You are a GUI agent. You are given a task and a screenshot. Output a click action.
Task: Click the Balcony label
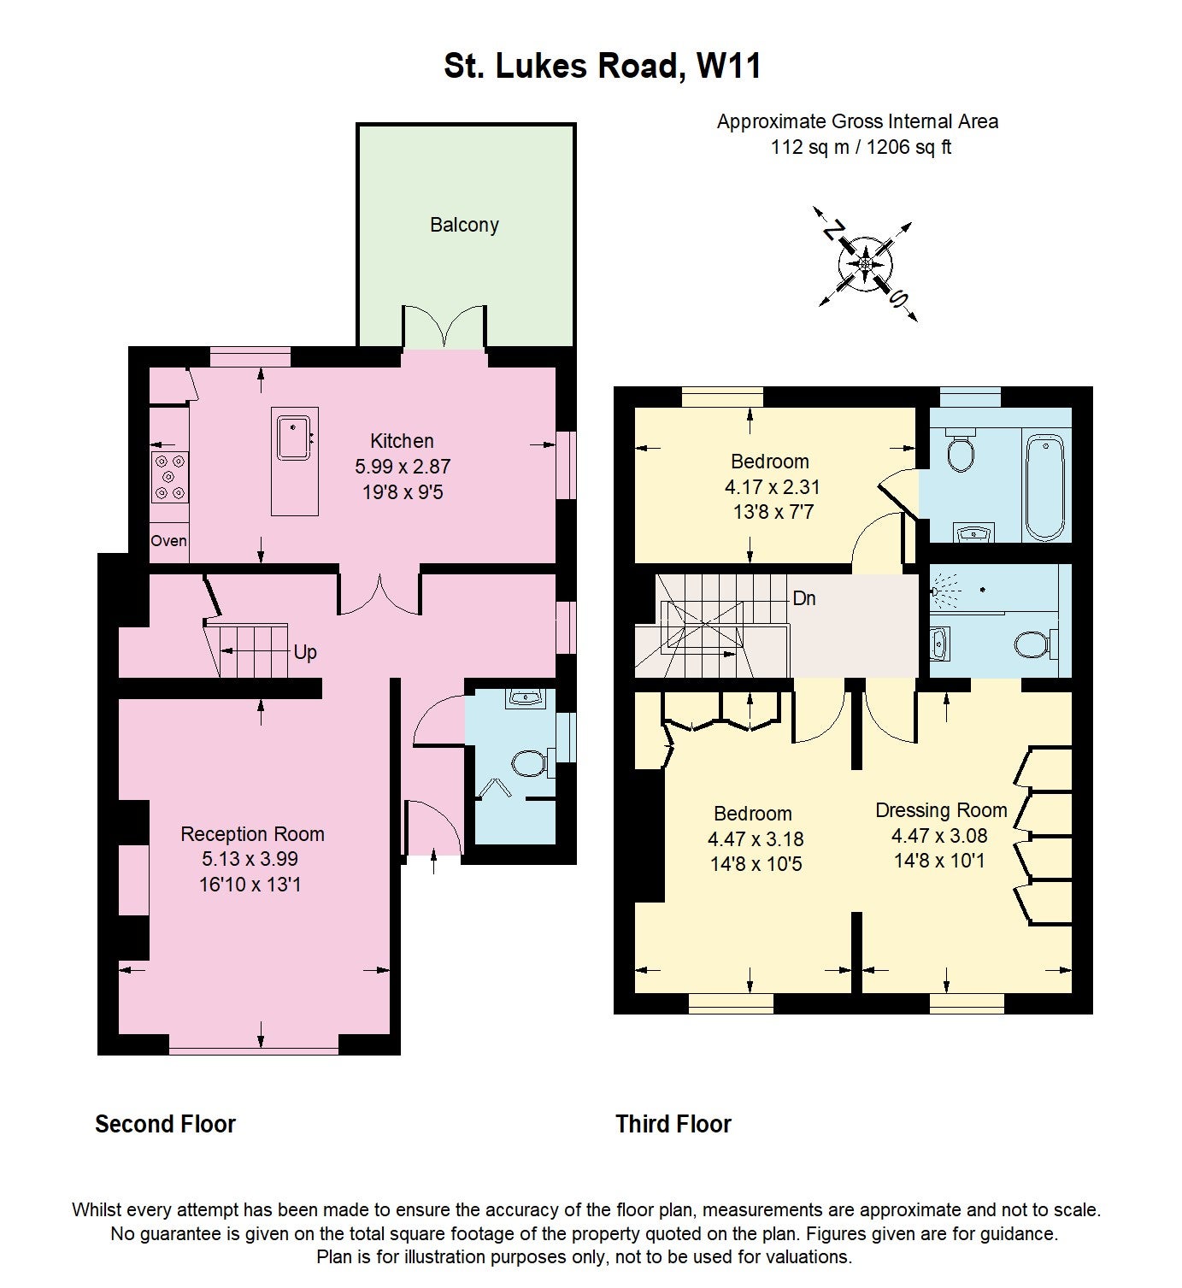tap(464, 225)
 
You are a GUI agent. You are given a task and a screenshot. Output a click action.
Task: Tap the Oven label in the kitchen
tap(169, 541)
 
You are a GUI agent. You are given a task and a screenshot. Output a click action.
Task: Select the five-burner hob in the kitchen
tap(170, 477)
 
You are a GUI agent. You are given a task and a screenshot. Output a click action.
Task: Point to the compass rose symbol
tap(865, 263)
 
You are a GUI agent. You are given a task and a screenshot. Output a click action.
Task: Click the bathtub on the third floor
tap(1045, 487)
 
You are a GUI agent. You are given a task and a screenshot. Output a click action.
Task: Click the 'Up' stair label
tap(305, 653)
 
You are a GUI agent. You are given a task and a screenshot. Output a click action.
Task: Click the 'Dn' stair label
tap(804, 598)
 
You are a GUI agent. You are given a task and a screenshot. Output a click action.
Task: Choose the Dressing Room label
tap(941, 810)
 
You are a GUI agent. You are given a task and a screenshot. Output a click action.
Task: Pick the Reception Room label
tap(252, 834)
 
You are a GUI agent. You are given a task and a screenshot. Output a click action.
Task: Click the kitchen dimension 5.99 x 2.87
tap(403, 466)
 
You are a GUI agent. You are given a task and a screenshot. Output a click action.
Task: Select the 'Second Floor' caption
tap(166, 1124)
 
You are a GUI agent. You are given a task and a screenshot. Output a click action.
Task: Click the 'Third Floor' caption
tap(673, 1124)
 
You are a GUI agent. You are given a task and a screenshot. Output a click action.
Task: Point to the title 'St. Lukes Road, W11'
tap(603, 66)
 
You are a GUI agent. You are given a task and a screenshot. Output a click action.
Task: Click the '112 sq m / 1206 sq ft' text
tap(861, 147)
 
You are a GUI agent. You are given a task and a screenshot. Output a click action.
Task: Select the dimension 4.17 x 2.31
tap(773, 486)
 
